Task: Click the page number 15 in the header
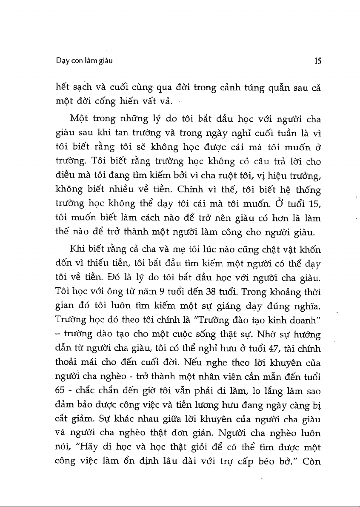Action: [317, 61]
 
